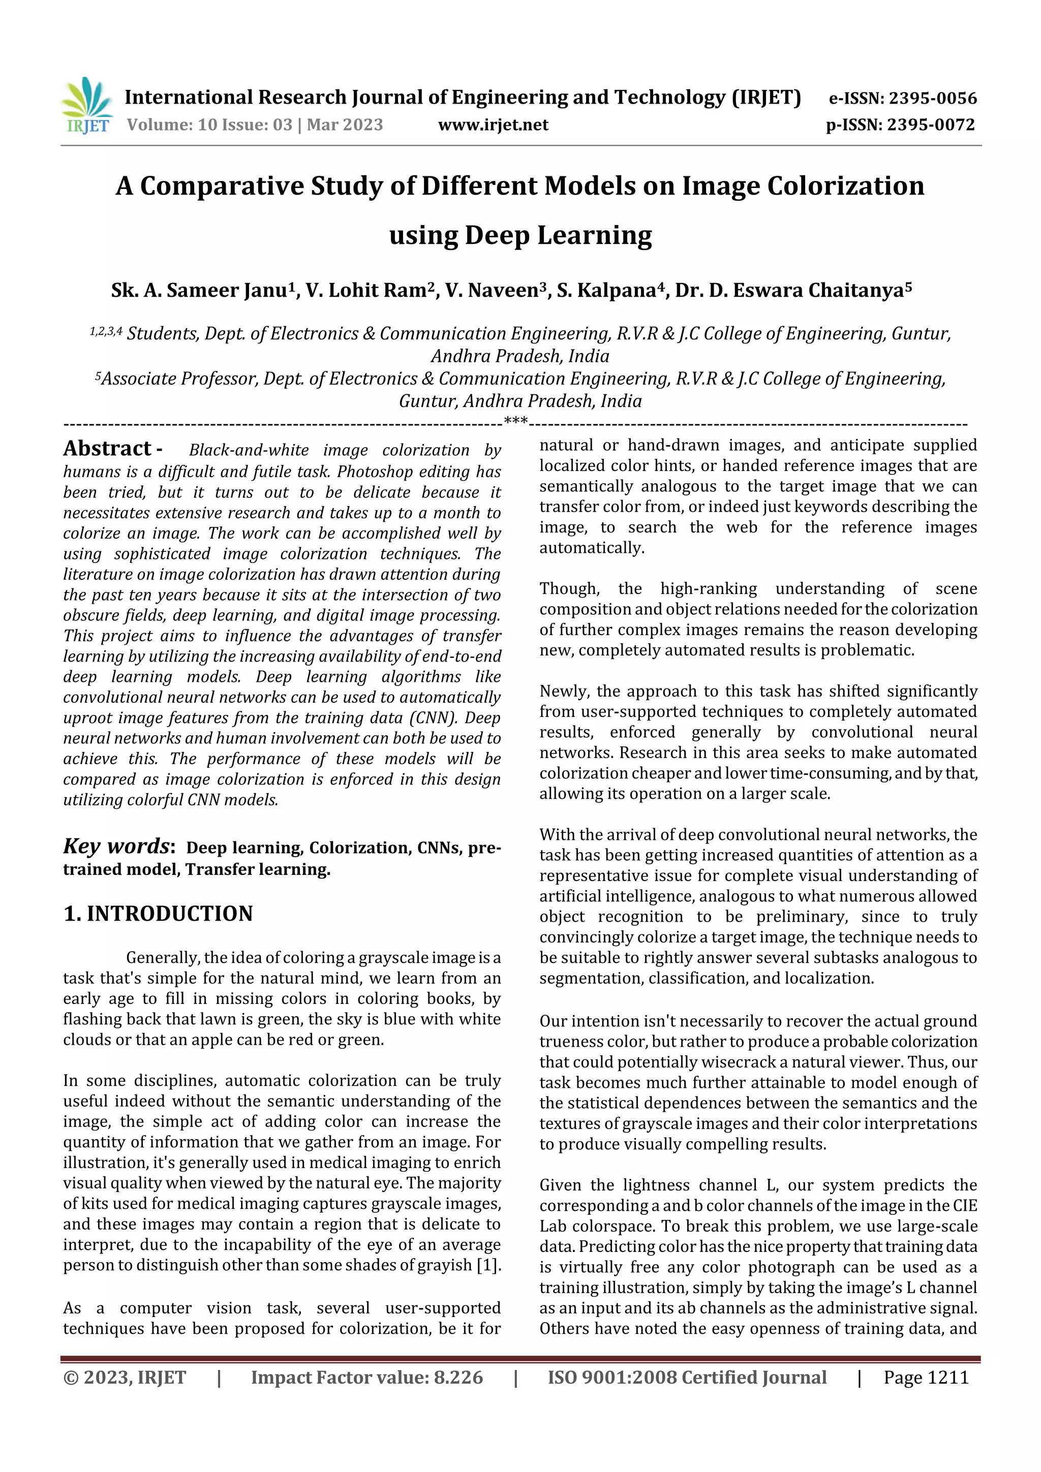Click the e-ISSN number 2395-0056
coord(932,99)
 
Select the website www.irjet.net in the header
coord(493,125)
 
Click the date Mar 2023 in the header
coord(345,124)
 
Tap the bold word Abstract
coord(107,448)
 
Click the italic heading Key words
coord(116,847)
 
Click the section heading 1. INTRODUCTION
coord(158,914)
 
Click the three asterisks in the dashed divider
coord(516,421)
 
